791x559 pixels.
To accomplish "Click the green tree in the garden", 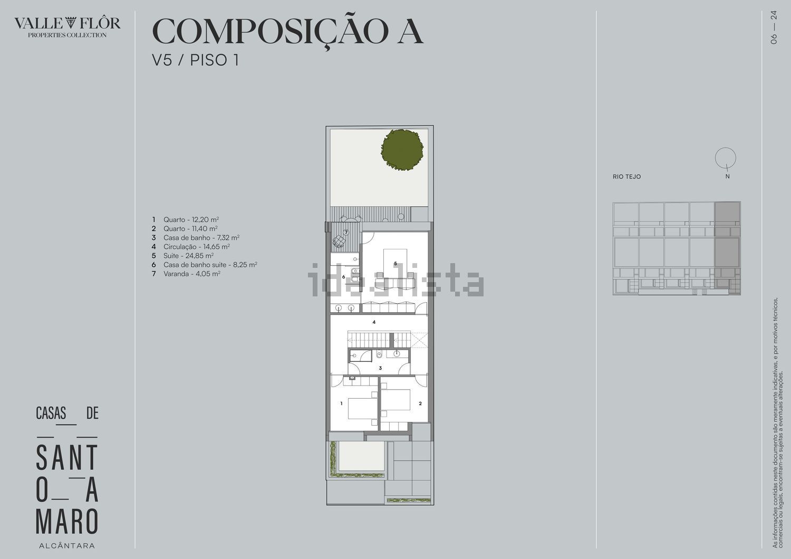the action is point(402,150).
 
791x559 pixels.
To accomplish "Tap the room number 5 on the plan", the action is point(395,264).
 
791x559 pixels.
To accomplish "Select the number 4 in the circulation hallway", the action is point(374,322).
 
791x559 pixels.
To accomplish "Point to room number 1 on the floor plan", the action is point(341,403).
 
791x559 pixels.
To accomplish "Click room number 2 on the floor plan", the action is point(420,403).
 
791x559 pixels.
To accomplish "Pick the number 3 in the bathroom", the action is point(380,368).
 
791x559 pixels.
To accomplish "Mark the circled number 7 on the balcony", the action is point(346,233).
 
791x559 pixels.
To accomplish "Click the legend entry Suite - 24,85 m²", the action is point(188,256).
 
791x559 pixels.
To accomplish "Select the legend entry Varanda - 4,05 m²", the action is point(192,274).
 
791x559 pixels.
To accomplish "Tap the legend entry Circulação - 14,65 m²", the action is point(197,247).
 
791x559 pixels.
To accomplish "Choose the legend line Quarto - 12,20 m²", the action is point(191,220).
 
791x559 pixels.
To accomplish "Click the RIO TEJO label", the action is point(627,177).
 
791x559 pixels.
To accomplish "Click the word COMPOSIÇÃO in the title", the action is point(271,31).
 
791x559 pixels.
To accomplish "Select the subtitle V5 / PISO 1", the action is point(195,60).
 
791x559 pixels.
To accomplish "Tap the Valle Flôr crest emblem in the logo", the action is point(71,23).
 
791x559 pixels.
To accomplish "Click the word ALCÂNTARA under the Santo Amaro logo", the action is point(67,546).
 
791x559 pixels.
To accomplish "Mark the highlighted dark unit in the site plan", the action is point(727,248).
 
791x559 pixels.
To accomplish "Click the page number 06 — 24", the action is point(774,27).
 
